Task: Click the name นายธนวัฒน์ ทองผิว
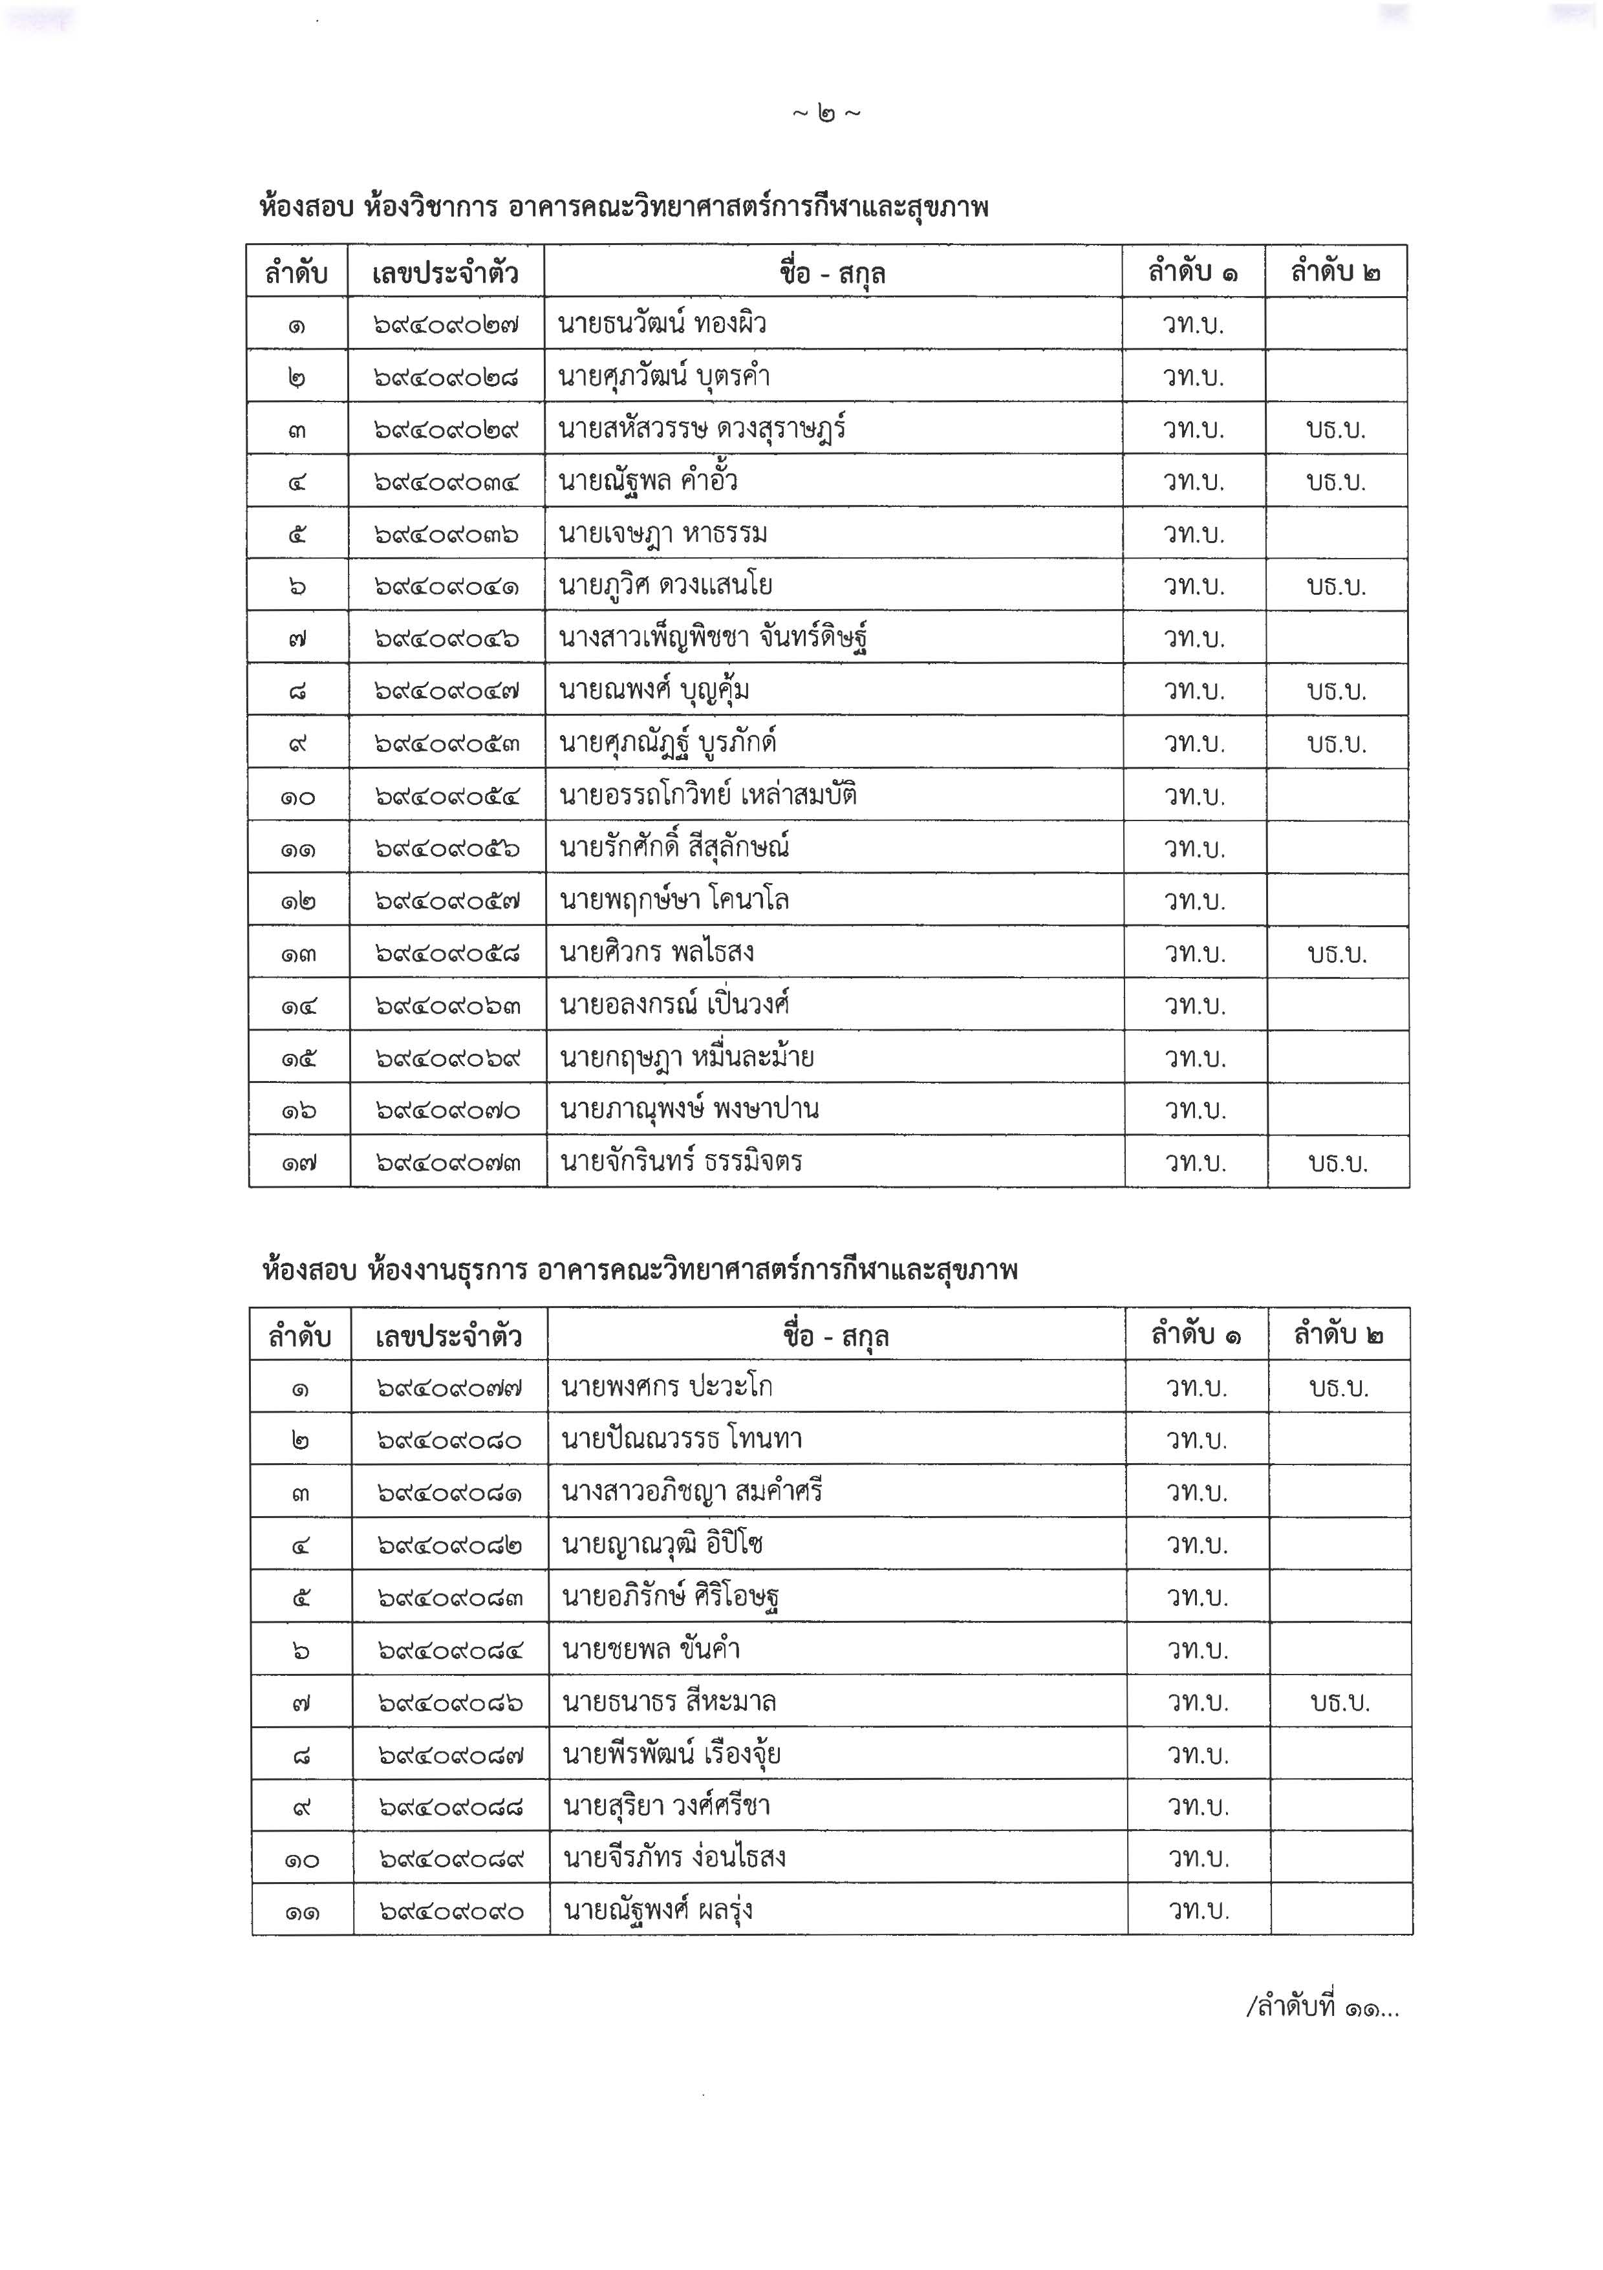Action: pos(662,325)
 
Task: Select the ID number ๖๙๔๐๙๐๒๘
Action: pos(446,378)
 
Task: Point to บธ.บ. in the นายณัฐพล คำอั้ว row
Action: pos(1335,482)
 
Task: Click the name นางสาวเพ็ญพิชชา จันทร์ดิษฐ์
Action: pos(713,637)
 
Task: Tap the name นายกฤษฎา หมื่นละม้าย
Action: pos(686,1058)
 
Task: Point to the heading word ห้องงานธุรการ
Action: pos(446,1270)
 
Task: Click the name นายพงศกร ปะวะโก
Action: pos(667,1387)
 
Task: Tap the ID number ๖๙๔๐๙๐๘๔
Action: pos(450,1650)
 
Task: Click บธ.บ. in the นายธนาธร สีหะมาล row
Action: pos(1339,1702)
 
